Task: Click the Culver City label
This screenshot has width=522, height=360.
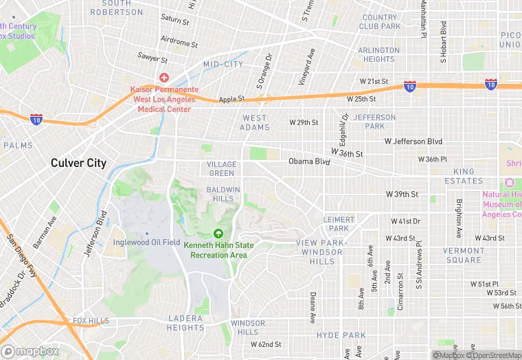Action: (78, 163)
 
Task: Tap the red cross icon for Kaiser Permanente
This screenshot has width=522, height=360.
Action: (164, 78)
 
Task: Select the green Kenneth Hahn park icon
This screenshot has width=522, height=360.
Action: (218, 234)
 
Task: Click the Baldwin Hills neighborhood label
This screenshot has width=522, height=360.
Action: (223, 194)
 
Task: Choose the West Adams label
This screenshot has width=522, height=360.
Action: (254, 122)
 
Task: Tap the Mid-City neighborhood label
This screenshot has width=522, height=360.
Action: (223, 64)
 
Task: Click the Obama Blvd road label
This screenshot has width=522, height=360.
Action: (309, 161)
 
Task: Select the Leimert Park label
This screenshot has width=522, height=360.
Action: (339, 224)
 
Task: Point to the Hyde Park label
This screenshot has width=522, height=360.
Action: (341, 335)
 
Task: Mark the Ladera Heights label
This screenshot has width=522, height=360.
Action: (185, 323)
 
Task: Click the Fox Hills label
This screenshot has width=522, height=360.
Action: (91, 321)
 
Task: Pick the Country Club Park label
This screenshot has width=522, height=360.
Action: (380, 22)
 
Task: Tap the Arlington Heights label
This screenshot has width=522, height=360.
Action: (379, 54)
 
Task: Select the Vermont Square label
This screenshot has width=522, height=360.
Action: (462, 255)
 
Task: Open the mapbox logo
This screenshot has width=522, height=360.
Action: (32, 351)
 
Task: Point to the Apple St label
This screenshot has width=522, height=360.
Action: (231, 100)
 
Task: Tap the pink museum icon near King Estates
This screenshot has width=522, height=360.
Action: (509, 183)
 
